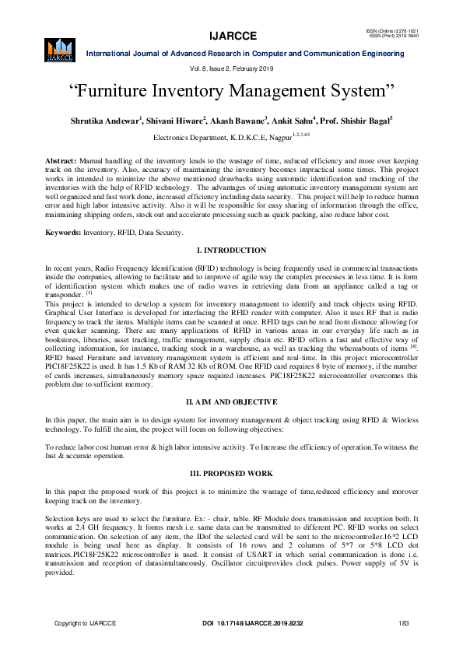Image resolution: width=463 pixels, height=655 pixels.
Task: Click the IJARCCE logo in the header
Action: click(x=60, y=48)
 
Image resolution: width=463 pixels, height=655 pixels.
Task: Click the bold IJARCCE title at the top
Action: click(x=233, y=36)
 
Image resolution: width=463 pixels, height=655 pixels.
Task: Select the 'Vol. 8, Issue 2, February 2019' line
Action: click(x=233, y=70)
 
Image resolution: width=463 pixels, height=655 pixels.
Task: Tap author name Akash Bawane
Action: click(x=237, y=121)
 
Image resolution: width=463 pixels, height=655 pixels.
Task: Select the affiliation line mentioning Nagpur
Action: click(x=232, y=136)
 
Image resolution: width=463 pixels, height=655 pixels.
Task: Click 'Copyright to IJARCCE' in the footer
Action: click(x=85, y=623)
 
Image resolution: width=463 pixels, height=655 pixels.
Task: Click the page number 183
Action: click(x=403, y=623)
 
